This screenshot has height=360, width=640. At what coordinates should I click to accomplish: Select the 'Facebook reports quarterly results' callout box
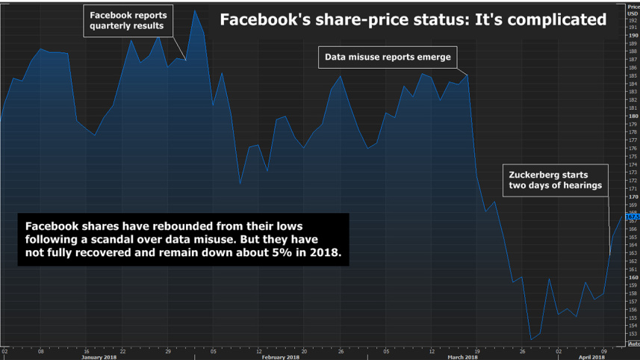coord(128,21)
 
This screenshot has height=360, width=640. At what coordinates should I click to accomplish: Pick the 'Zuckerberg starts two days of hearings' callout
coord(555,180)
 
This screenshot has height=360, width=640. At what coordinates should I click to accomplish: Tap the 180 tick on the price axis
coord(633,116)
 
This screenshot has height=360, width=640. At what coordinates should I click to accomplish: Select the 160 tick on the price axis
coord(633,277)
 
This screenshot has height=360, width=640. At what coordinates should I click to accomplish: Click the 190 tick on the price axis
coord(633,35)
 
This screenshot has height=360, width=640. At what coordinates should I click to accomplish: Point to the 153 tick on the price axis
coord(633,333)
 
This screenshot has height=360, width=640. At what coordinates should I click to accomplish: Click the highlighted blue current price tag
coord(633,217)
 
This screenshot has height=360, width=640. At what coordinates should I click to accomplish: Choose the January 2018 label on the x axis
coord(99,357)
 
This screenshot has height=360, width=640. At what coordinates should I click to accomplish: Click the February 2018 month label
coord(281,357)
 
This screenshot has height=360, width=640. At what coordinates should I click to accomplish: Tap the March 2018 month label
coord(462,357)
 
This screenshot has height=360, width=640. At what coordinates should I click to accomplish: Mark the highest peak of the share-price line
coord(195,11)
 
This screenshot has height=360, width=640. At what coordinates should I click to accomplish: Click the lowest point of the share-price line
coord(531,340)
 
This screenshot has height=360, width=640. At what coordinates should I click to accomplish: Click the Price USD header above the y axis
coord(633,9)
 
